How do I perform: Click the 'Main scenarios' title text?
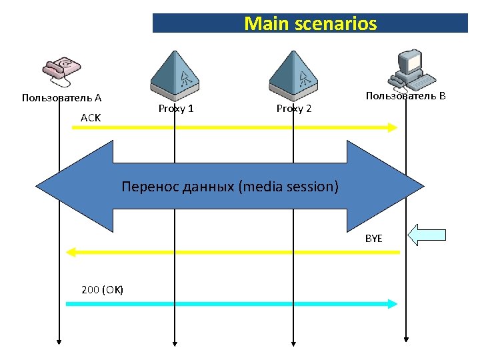(310, 24)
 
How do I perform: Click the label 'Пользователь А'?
(61, 98)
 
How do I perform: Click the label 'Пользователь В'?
(405, 96)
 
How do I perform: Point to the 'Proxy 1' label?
(176, 109)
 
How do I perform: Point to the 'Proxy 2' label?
(294, 109)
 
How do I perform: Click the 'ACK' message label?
(90, 117)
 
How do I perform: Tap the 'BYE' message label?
(373, 238)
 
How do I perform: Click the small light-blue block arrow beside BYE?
(427, 235)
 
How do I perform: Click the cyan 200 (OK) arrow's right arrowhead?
(393, 303)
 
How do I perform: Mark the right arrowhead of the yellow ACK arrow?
(393, 127)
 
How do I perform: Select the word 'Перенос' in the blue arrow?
(147, 187)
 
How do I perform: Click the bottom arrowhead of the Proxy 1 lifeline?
(175, 343)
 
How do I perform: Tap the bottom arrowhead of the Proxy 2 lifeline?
(293, 343)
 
